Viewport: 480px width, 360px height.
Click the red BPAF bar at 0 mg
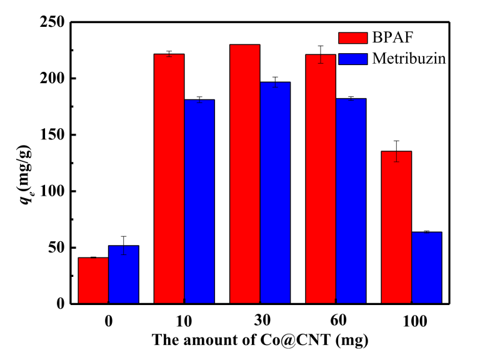pos(93,281)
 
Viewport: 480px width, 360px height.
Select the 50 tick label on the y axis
pos(56,247)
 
